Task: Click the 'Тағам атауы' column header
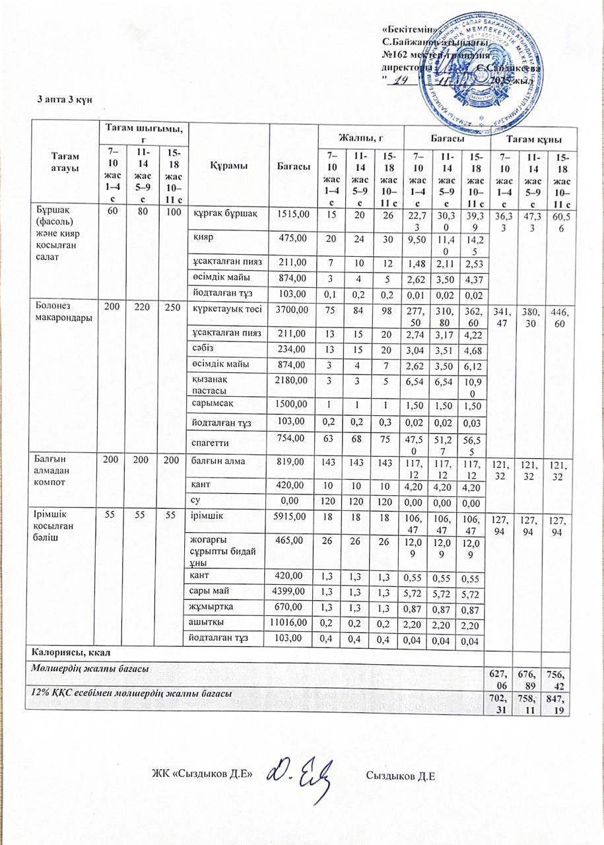coord(61,162)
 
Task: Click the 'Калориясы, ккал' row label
coord(63,653)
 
